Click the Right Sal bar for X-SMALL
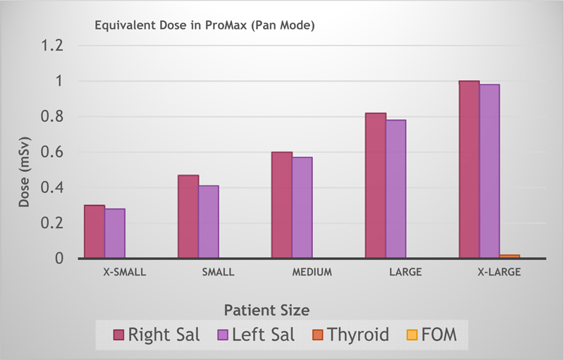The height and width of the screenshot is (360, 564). (x=94, y=232)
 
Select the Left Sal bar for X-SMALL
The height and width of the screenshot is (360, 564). (x=115, y=233)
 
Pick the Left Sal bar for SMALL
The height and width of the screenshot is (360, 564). (x=209, y=222)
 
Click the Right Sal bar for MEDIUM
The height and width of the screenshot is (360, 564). (x=282, y=205)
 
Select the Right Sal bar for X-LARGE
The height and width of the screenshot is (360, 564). (x=470, y=170)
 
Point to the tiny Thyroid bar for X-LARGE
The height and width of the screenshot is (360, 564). (x=510, y=256)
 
